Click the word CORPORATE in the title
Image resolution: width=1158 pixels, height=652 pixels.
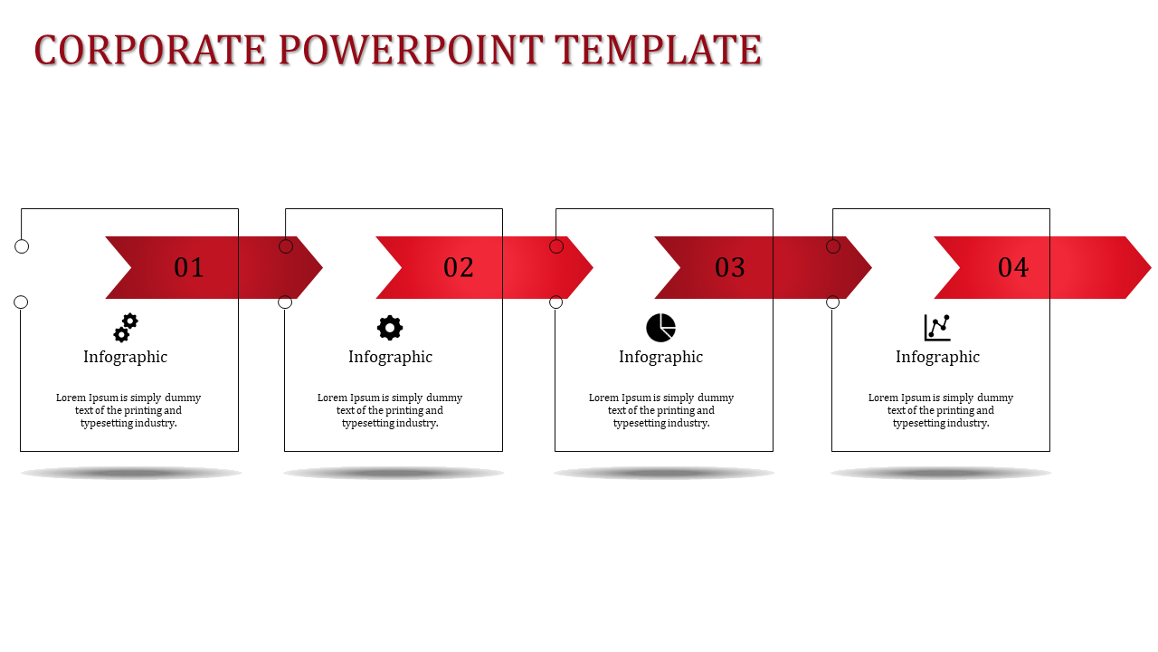coord(150,51)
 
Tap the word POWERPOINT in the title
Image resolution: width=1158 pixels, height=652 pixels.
coord(411,51)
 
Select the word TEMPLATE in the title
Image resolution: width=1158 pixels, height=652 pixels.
coord(658,51)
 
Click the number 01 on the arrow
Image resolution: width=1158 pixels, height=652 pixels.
coord(189,268)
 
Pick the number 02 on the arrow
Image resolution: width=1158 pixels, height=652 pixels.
coord(459,268)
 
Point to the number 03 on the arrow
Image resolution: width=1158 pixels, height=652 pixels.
coord(730,268)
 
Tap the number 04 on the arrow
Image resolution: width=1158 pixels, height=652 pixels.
coord(1013,268)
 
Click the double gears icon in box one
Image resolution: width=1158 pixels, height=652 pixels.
coord(126,328)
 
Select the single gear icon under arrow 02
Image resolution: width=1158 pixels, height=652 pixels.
coord(390,328)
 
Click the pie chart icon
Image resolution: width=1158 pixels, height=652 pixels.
coord(660,328)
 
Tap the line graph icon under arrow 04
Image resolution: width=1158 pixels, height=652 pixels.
coord(937,328)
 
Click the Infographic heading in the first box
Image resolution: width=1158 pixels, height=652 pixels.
coord(126,357)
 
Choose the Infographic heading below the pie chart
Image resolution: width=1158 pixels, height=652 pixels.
coord(660,357)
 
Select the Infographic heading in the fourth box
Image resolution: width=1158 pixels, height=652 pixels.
coord(937,357)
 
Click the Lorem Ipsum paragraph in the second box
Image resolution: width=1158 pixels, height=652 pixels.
coord(390,410)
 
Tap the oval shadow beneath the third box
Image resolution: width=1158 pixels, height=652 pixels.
coord(664,473)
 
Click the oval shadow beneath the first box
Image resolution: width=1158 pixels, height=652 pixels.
coord(131,473)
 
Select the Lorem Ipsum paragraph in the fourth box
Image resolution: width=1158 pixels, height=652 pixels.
coord(941,410)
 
